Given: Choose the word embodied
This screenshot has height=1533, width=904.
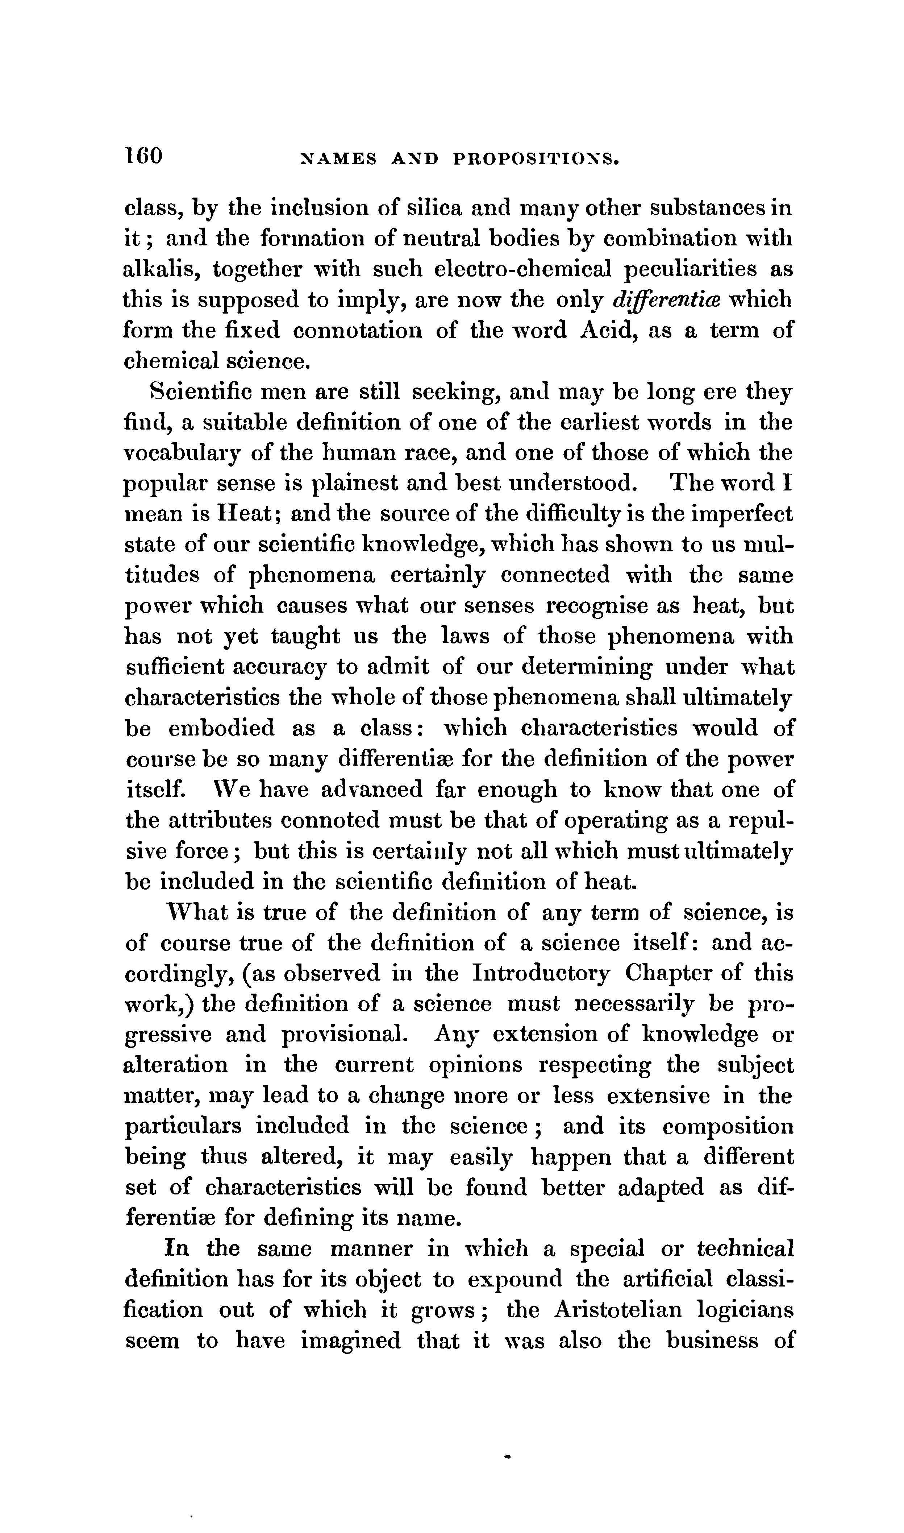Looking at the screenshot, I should tap(221, 729).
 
